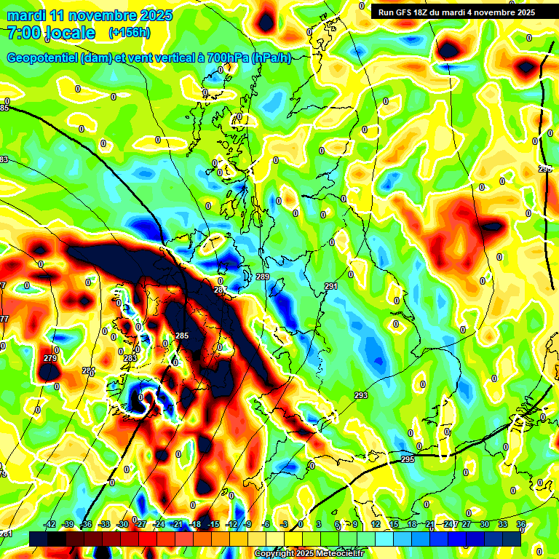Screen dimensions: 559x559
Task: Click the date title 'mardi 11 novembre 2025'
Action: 90,15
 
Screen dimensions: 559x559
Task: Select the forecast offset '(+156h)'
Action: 130,33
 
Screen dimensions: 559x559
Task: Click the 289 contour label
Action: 263,277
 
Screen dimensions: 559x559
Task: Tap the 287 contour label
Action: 221,290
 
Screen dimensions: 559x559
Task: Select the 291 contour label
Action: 331,287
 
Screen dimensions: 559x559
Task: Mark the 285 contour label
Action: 182,336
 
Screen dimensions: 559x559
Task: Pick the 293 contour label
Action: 361,395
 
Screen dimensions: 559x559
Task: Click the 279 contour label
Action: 50,358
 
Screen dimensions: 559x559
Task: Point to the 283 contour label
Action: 130,358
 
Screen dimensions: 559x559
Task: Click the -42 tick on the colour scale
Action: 49,524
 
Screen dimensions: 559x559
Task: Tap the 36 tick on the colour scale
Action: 520,524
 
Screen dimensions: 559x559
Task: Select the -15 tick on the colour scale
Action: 213,524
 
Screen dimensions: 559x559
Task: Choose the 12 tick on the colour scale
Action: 375,524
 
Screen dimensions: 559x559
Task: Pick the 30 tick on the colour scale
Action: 484,524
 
